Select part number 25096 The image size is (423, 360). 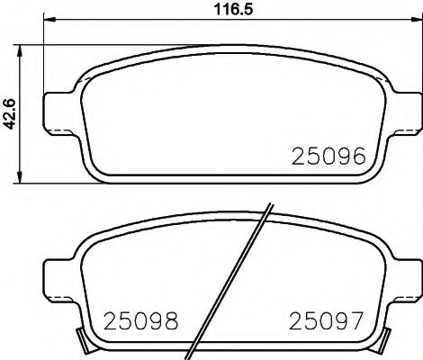328,157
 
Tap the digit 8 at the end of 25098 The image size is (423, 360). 169,319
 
